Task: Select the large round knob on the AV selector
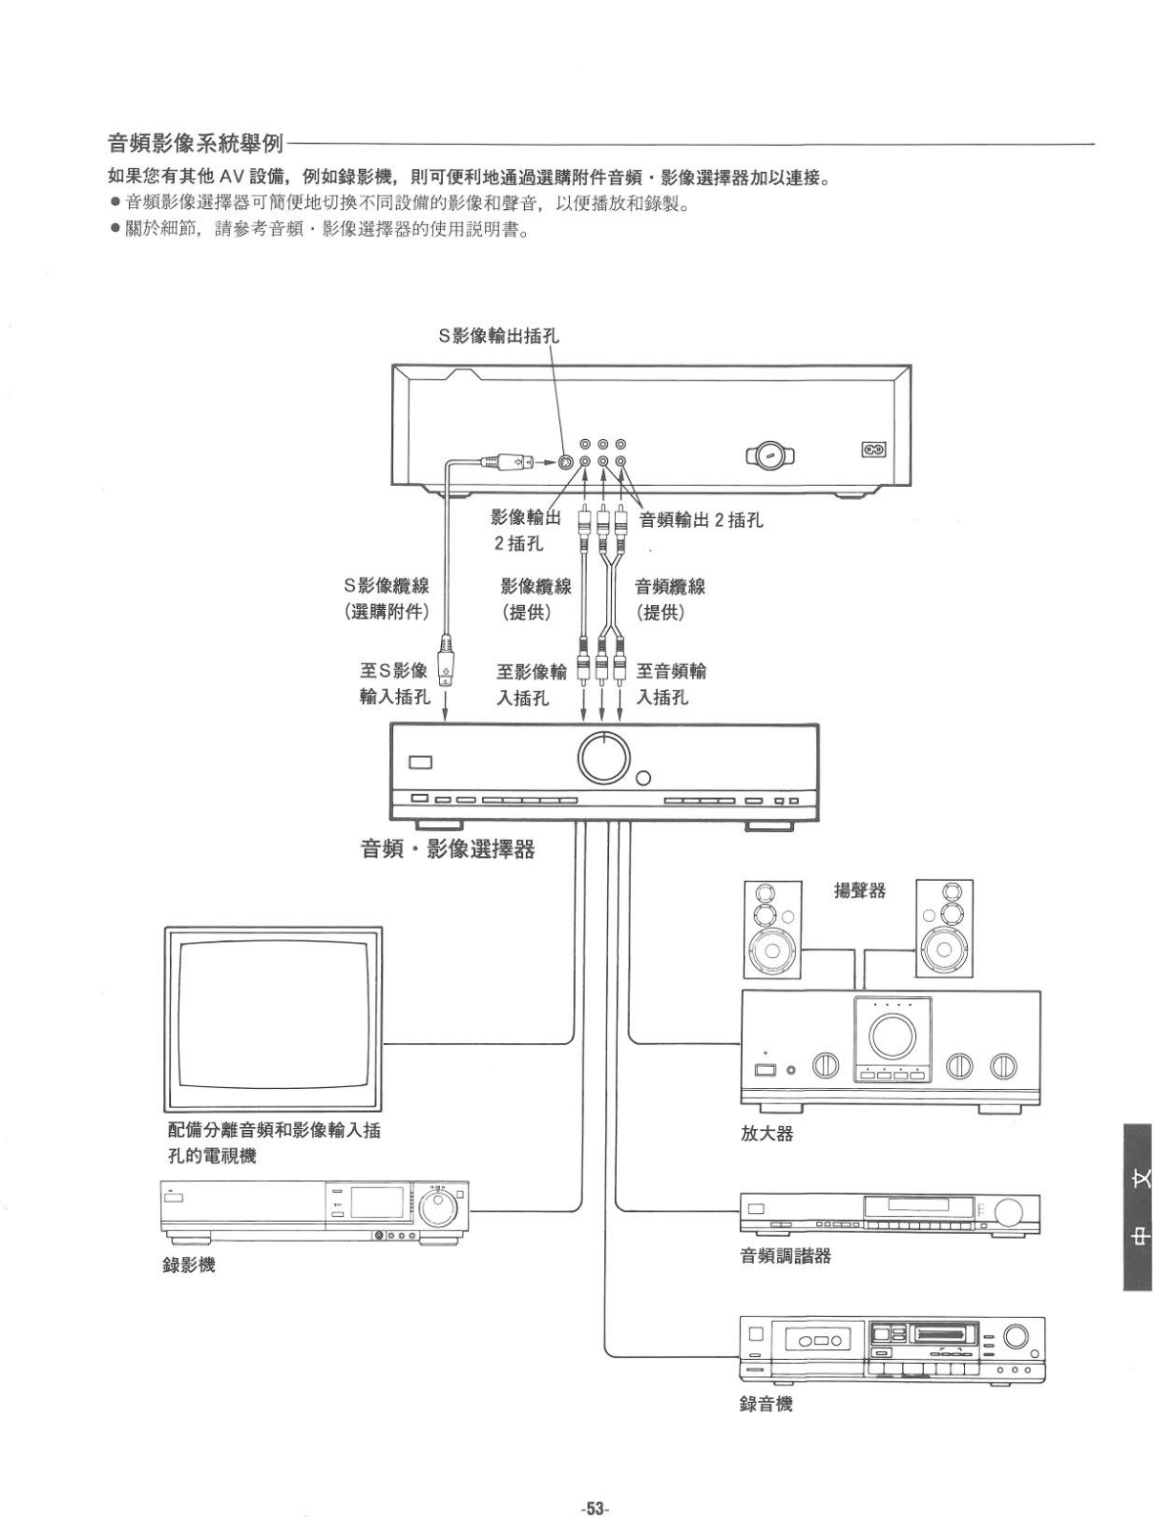pyautogui.click(x=604, y=758)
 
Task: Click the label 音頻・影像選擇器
pyautogui.click(x=447, y=848)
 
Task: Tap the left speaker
pyautogui.click(x=771, y=929)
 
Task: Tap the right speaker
pyautogui.click(x=944, y=929)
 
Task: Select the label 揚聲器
pyautogui.click(x=859, y=890)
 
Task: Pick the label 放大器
pyautogui.click(x=766, y=1134)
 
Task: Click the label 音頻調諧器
pyautogui.click(x=786, y=1256)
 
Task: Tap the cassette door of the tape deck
pyautogui.click(x=817, y=1340)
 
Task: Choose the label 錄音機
pyautogui.click(x=766, y=1404)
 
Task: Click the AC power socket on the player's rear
pyautogui.click(x=872, y=449)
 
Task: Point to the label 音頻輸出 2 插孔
pyautogui.click(x=701, y=520)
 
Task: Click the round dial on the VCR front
pyautogui.click(x=438, y=1207)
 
